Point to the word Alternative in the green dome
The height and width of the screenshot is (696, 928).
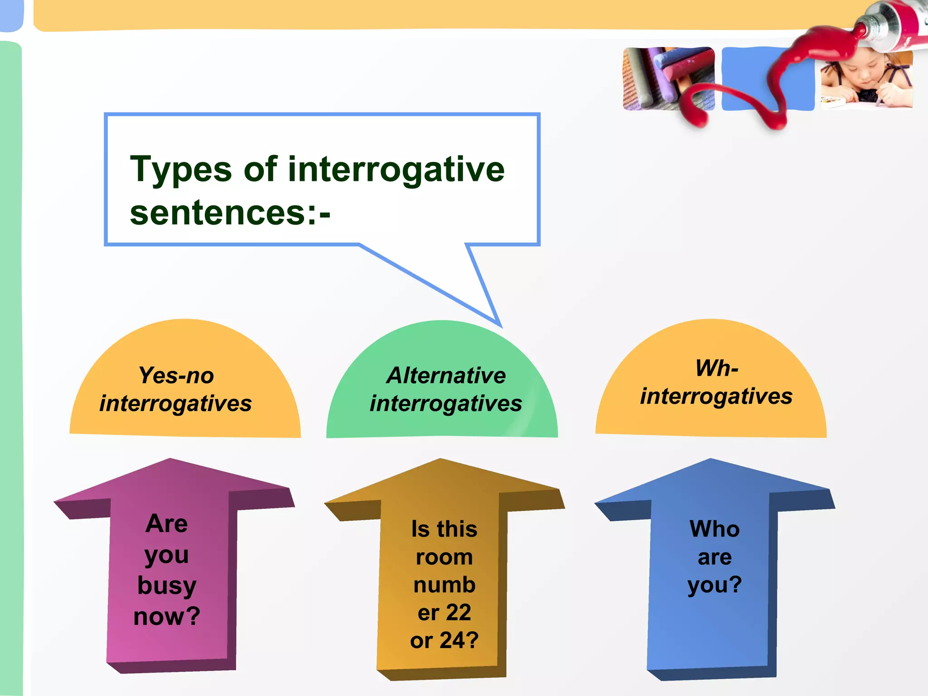tap(446, 375)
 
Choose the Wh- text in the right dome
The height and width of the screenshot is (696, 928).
tap(717, 368)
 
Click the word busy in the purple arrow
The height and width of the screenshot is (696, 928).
tap(167, 585)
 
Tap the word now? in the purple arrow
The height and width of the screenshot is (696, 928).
tap(167, 616)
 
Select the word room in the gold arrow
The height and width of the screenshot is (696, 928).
tap(444, 557)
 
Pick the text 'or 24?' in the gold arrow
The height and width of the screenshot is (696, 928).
tap(444, 640)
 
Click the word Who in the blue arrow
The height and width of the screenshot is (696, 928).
tap(715, 529)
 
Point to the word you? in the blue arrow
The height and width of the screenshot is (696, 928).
tap(715, 585)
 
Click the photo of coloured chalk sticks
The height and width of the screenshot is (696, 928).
tap(662, 77)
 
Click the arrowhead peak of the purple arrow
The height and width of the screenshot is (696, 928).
tap(170, 460)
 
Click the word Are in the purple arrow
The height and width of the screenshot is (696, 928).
tap(167, 524)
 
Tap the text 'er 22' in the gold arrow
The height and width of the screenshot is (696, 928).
tap(444, 613)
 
